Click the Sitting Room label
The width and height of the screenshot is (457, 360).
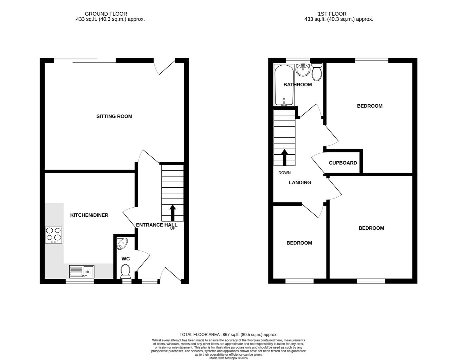coord(114,116)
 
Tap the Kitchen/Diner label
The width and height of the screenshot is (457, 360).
coord(89,215)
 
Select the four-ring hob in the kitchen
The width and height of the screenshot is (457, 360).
coord(54,235)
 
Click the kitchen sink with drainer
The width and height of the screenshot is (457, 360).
coord(82,272)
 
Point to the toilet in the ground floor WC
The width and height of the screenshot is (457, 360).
coord(126,271)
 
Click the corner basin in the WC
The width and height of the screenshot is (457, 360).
coord(122,244)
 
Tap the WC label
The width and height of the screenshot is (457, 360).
coord(126,259)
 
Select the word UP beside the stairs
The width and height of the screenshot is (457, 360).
coord(173,228)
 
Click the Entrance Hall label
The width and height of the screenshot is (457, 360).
coord(157,225)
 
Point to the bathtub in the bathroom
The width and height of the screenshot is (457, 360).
coord(284,85)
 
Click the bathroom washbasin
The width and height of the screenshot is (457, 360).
coord(303,69)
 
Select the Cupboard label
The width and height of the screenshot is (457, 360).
coord(343,163)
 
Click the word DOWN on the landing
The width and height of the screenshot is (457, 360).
coord(284,173)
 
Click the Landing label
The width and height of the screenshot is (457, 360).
coord(300,182)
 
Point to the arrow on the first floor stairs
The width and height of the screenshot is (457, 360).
coord(284,157)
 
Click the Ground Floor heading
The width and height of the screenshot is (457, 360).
coord(106,14)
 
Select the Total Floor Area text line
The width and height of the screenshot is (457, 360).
coord(228,334)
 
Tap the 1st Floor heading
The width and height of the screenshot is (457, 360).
coord(332,14)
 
